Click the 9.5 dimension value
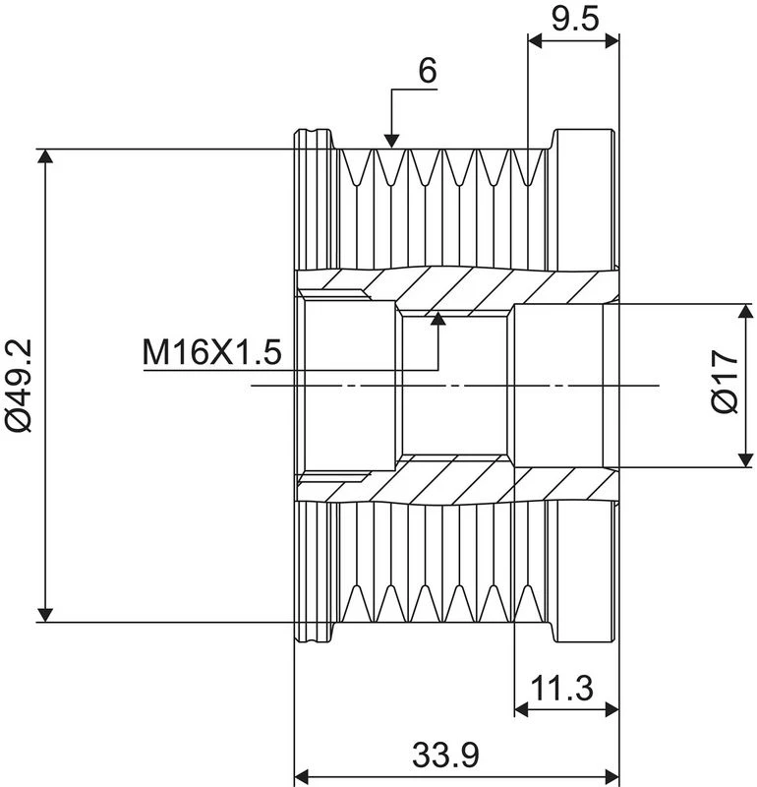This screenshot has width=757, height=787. (575, 20)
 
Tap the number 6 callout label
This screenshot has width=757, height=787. (428, 70)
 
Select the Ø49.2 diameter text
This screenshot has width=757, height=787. (19, 385)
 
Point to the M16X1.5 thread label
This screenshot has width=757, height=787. (211, 352)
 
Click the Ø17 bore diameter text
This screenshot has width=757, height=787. (726, 382)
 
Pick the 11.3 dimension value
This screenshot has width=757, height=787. (562, 688)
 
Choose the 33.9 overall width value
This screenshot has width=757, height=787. (445, 755)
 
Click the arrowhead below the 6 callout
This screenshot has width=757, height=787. (391, 142)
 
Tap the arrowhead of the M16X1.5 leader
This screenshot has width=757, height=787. (438, 319)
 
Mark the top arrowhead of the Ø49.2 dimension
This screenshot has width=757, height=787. (45, 156)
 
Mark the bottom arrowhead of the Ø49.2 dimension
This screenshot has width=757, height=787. (45, 615)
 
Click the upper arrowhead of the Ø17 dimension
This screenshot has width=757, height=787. (746, 311)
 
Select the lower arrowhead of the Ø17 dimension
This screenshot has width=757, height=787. (746, 459)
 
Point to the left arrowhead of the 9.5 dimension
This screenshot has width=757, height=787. (535, 41)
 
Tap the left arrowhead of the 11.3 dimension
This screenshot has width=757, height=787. (522, 709)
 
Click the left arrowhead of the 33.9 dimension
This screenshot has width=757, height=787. (301, 776)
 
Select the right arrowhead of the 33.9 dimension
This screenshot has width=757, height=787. (612, 776)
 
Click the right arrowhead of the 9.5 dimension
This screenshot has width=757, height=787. (612, 41)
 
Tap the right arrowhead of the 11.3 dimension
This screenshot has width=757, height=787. (612, 709)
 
